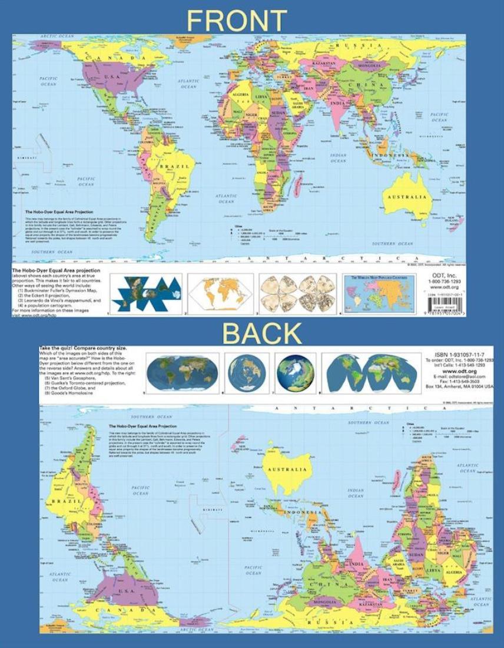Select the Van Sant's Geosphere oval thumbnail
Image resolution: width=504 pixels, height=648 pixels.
[x=182, y=373]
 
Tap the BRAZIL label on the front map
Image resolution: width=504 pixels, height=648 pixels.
[x=178, y=167]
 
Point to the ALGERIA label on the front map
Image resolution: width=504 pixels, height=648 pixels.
[x=243, y=94]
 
